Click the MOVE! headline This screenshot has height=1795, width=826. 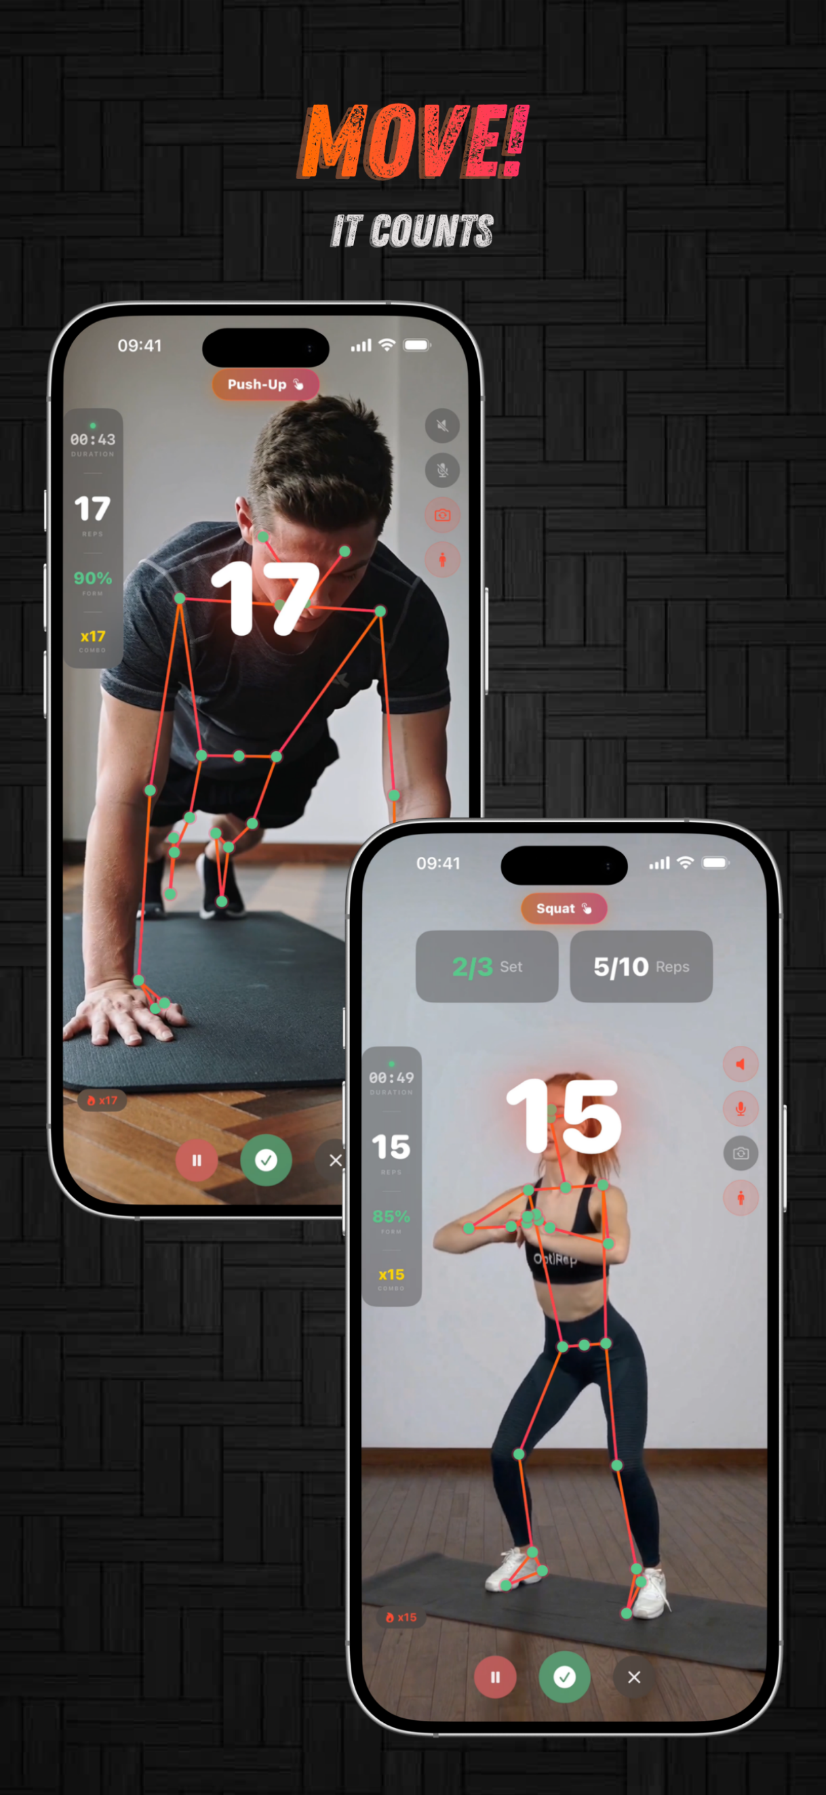point(414,142)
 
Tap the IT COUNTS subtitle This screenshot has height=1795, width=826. point(412,232)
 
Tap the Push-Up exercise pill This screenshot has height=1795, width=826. point(265,384)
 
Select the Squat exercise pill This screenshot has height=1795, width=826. point(563,909)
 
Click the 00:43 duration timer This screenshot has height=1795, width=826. point(92,440)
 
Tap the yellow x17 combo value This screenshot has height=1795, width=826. point(92,636)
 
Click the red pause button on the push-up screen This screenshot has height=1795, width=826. point(197,1160)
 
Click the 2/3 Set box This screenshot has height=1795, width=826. point(487,966)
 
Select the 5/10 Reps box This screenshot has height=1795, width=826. point(640,966)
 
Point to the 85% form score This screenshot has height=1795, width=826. point(391,1216)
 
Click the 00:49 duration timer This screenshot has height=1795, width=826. point(391,1078)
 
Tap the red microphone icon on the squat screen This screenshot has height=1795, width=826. point(740,1109)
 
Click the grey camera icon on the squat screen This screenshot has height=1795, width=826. point(740,1153)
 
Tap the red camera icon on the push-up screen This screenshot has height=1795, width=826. point(442,516)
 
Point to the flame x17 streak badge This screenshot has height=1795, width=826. point(102,1100)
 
